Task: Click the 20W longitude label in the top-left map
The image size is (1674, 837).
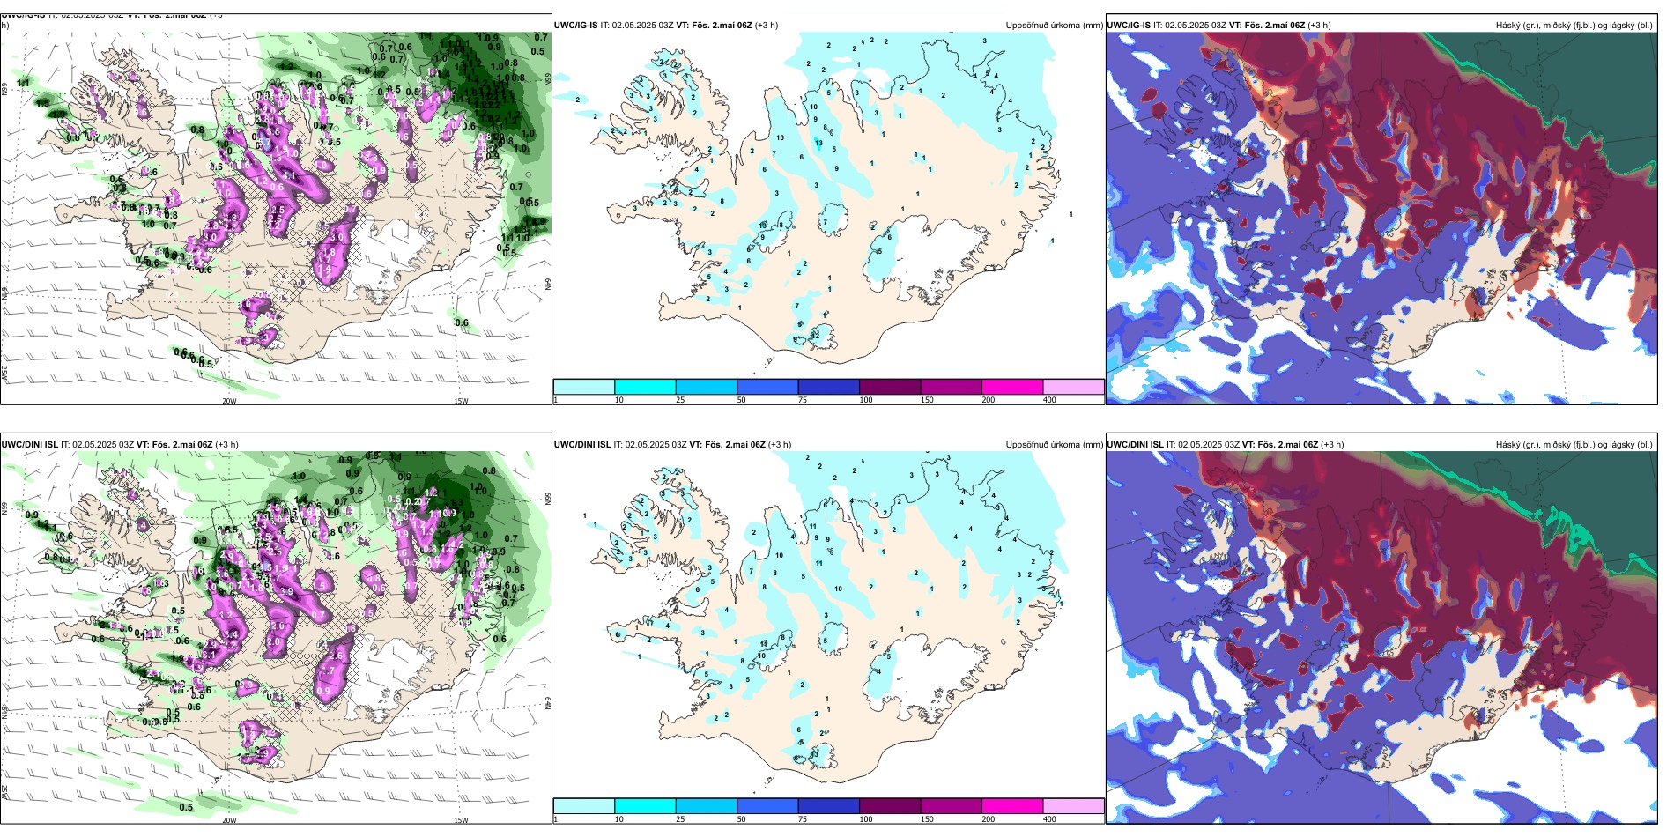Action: [229, 401]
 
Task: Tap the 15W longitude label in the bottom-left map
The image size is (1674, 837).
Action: [461, 820]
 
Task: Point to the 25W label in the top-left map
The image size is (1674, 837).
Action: [4, 374]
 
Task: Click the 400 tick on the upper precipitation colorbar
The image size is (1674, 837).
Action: [1049, 400]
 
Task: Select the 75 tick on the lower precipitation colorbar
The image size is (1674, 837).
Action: [803, 819]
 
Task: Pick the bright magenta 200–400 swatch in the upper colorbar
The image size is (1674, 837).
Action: [1012, 387]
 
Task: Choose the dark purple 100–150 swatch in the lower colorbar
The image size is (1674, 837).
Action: [890, 806]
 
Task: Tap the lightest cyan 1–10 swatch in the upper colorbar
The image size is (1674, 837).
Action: [584, 387]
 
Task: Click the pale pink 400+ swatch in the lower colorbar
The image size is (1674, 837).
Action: [1073, 806]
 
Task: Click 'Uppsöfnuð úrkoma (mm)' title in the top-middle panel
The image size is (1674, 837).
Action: [1054, 26]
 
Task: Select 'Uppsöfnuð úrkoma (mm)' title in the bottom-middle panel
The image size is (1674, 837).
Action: [1054, 445]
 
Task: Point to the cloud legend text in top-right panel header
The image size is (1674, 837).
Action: [1574, 26]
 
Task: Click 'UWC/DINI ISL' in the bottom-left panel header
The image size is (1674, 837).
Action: [30, 445]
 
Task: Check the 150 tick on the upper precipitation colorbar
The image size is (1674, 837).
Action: [927, 400]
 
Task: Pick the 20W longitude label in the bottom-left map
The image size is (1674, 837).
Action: [229, 820]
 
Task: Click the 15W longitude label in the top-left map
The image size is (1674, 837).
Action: [461, 401]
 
